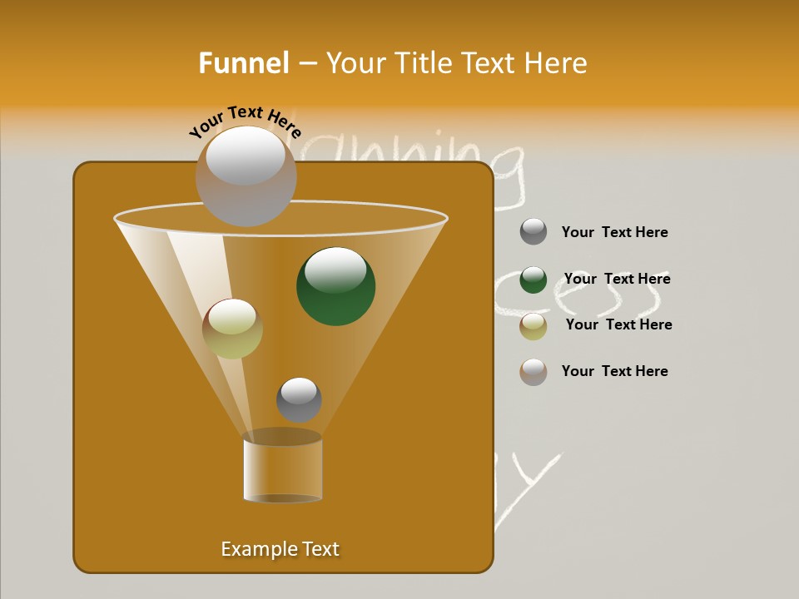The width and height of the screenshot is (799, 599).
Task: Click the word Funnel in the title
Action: click(243, 63)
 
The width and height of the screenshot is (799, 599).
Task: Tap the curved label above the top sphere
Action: click(245, 122)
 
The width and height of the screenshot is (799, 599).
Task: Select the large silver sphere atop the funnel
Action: click(246, 176)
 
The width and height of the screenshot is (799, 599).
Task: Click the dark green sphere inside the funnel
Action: click(335, 286)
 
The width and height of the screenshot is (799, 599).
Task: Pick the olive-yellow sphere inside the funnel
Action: click(232, 328)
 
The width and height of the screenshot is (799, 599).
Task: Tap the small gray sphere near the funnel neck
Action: click(299, 399)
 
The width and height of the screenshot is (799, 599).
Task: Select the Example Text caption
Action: click(280, 549)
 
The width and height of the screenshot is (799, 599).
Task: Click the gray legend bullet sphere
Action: click(533, 232)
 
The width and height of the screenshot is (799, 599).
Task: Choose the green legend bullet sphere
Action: click(533, 280)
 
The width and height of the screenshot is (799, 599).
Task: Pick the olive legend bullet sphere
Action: click(533, 326)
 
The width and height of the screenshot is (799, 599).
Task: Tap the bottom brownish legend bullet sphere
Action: click(533, 372)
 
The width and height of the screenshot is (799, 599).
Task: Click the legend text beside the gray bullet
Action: click(614, 232)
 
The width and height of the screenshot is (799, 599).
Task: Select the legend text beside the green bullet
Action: click(617, 279)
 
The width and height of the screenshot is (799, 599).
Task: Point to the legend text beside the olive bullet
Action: click(618, 324)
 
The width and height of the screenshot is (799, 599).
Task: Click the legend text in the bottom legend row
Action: click(614, 371)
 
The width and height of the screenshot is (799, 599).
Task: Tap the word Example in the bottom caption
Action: click(253, 549)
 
